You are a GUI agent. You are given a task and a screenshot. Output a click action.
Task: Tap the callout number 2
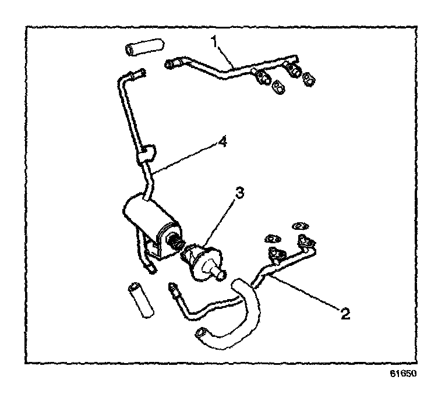(345, 315)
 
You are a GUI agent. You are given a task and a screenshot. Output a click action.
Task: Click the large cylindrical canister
(146, 218)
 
